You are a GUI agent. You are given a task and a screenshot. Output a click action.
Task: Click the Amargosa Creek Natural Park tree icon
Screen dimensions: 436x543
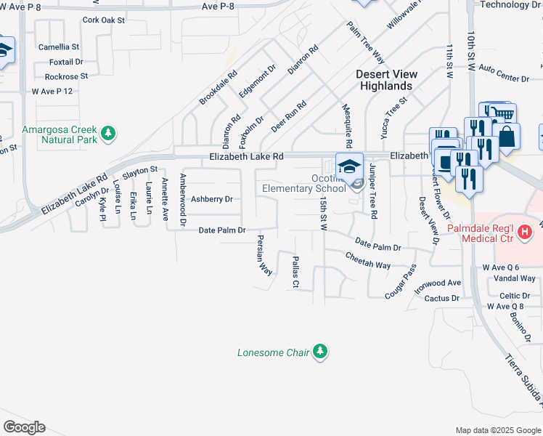[108, 133]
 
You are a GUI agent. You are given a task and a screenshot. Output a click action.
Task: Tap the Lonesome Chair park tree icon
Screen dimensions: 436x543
[319, 352]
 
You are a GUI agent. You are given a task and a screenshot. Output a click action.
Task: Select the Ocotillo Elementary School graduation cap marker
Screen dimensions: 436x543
[349, 165]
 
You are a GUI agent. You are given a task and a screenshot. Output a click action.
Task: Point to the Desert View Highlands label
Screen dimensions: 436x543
[384, 80]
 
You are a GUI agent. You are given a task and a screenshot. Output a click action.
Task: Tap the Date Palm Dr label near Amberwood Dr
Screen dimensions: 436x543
[223, 230]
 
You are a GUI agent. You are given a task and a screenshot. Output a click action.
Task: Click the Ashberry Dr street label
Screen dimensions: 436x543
[211, 199]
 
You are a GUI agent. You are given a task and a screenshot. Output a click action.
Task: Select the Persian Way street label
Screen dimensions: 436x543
[264, 254]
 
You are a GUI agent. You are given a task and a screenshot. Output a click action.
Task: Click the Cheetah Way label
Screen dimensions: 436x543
[368, 260]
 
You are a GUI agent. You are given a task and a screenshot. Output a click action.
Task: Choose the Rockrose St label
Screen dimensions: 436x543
[66, 76]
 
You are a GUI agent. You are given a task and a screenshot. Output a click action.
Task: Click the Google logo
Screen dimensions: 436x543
[25, 427]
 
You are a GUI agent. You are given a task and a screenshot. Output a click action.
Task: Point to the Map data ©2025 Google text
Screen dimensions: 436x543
[497, 430]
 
